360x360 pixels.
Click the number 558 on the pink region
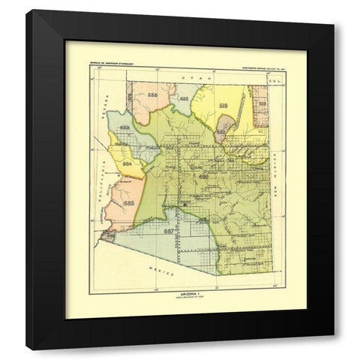tap(153, 95)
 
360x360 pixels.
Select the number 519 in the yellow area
tap(223, 106)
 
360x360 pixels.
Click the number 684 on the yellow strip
tap(127, 162)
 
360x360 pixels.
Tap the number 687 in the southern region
tap(169, 231)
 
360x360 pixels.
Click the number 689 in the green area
tap(204, 175)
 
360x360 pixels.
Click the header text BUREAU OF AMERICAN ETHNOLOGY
tap(112, 67)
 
